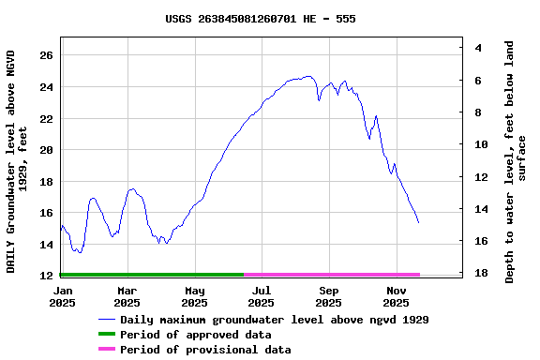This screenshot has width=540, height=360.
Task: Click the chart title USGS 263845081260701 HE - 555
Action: (x=260, y=19)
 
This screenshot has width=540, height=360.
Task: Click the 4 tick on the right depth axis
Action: (x=479, y=48)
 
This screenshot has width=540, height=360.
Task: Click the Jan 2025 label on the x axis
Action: (x=61, y=297)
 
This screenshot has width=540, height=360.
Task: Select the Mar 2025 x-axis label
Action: (x=127, y=297)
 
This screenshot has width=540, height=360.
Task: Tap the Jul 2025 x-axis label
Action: (x=262, y=297)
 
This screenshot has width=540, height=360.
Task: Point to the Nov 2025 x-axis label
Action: (x=397, y=297)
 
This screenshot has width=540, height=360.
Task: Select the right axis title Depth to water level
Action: (x=516, y=161)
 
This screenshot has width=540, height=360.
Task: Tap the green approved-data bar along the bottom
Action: (x=151, y=275)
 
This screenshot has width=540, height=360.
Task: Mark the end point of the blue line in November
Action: (x=418, y=222)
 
